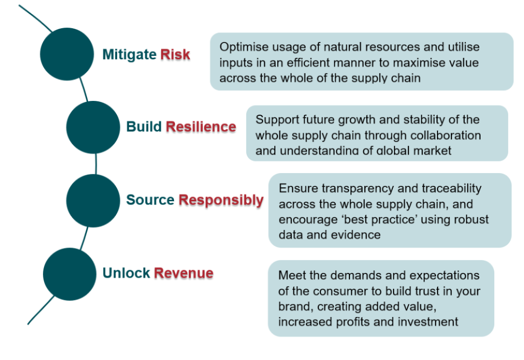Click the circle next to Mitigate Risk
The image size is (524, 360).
pyautogui.click(x=67, y=54)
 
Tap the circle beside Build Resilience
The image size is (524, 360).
pyautogui.click(x=93, y=128)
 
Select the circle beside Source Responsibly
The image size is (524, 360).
pyautogui.click(x=93, y=201)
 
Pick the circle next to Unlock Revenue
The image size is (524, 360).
pyautogui.click(x=70, y=274)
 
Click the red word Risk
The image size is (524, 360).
pyautogui.click(x=175, y=54)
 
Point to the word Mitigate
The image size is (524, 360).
pyautogui.click(x=130, y=55)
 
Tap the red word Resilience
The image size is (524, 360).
pyautogui.click(x=201, y=127)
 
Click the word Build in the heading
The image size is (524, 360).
pyautogui.click(x=144, y=127)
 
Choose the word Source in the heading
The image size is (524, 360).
pyautogui.click(x=150, y=200)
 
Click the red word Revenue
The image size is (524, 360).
pyautogui.click(x=183, y=273)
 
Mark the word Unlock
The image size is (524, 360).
pyautogui.click(x=127, y=273)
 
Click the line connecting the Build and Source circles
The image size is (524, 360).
pyautogui.click(x=96, y=164)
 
